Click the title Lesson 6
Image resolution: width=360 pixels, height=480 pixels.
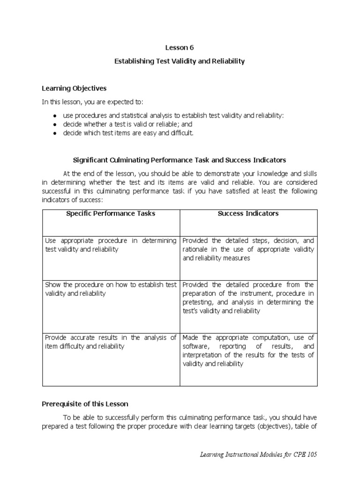[180, 47]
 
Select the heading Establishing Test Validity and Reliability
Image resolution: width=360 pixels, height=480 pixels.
[180, 61]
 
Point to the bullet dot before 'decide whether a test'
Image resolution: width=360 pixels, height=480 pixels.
[55, 125]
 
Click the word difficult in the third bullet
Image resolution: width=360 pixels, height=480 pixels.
[180, 133]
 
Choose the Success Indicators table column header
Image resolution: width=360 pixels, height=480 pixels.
[248, 214]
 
